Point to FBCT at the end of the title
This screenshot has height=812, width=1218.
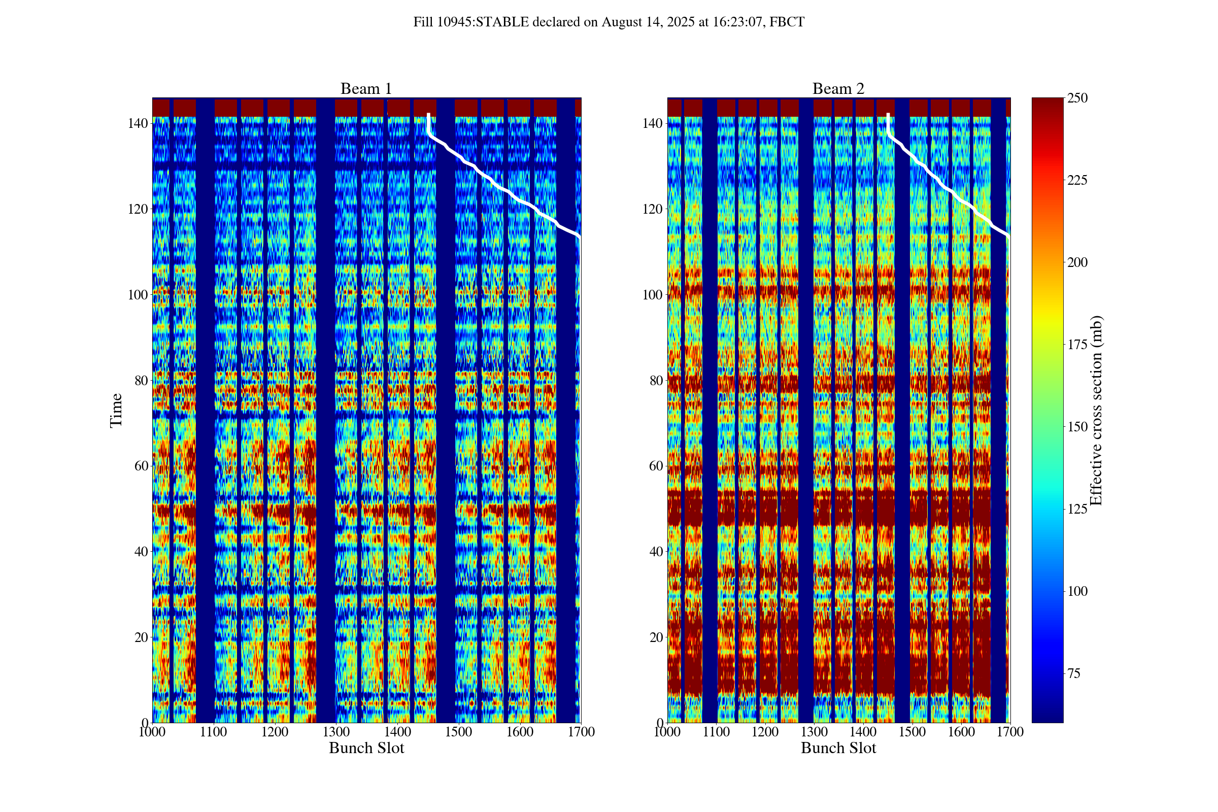click(787, 22)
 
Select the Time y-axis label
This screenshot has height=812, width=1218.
click(116, 410)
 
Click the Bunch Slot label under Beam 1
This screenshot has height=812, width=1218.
click(366, 748)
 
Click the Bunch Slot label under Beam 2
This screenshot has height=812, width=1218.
click(838, 748)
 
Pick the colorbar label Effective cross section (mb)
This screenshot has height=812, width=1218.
click(1096, 410)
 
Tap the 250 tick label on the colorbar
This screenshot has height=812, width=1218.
click(1077, 98)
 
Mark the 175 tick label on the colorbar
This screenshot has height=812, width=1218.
click(1077, 345)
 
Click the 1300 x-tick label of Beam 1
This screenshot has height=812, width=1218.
click(336, 732)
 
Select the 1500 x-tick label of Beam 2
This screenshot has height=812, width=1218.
click(912, 732)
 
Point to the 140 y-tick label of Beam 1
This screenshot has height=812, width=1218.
click(137, 123)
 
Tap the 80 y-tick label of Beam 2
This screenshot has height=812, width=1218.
click(656, 380)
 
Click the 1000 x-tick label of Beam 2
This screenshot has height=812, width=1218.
click(667, 732)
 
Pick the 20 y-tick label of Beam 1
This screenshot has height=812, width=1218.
click(141, 637)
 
